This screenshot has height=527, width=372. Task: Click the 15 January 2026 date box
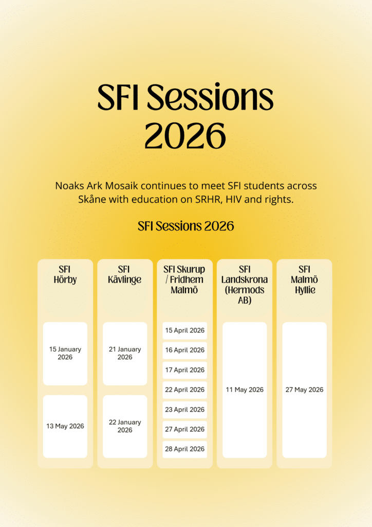coord(65,354)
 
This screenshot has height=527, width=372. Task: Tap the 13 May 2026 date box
coord(65,426)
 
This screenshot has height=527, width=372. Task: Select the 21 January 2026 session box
coord(125,354)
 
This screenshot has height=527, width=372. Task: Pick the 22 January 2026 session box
coord(125,426)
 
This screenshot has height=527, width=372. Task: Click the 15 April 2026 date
coord(185,331)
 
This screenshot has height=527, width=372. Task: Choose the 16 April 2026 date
coord(185,350)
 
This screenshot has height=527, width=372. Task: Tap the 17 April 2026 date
coord(185,370)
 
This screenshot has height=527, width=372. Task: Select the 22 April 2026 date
coord(185,390)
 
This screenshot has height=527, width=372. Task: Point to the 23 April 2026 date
coord(185,410)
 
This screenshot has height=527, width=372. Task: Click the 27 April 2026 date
coord(185,430)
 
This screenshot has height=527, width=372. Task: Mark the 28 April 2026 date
coord(185,449)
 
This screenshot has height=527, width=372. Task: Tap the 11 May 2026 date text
coord(245,390)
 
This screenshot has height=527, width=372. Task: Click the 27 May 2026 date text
coord(304,390)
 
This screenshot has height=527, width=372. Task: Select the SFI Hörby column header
coord(65,275)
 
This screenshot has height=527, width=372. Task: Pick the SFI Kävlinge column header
coord(124,275)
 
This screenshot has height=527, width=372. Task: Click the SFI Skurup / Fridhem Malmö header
coord(184,279)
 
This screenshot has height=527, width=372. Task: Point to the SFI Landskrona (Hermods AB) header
coord(245,285)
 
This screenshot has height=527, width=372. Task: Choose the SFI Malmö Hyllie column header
coord(304,279)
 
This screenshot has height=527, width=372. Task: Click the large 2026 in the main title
coord(185,135)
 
